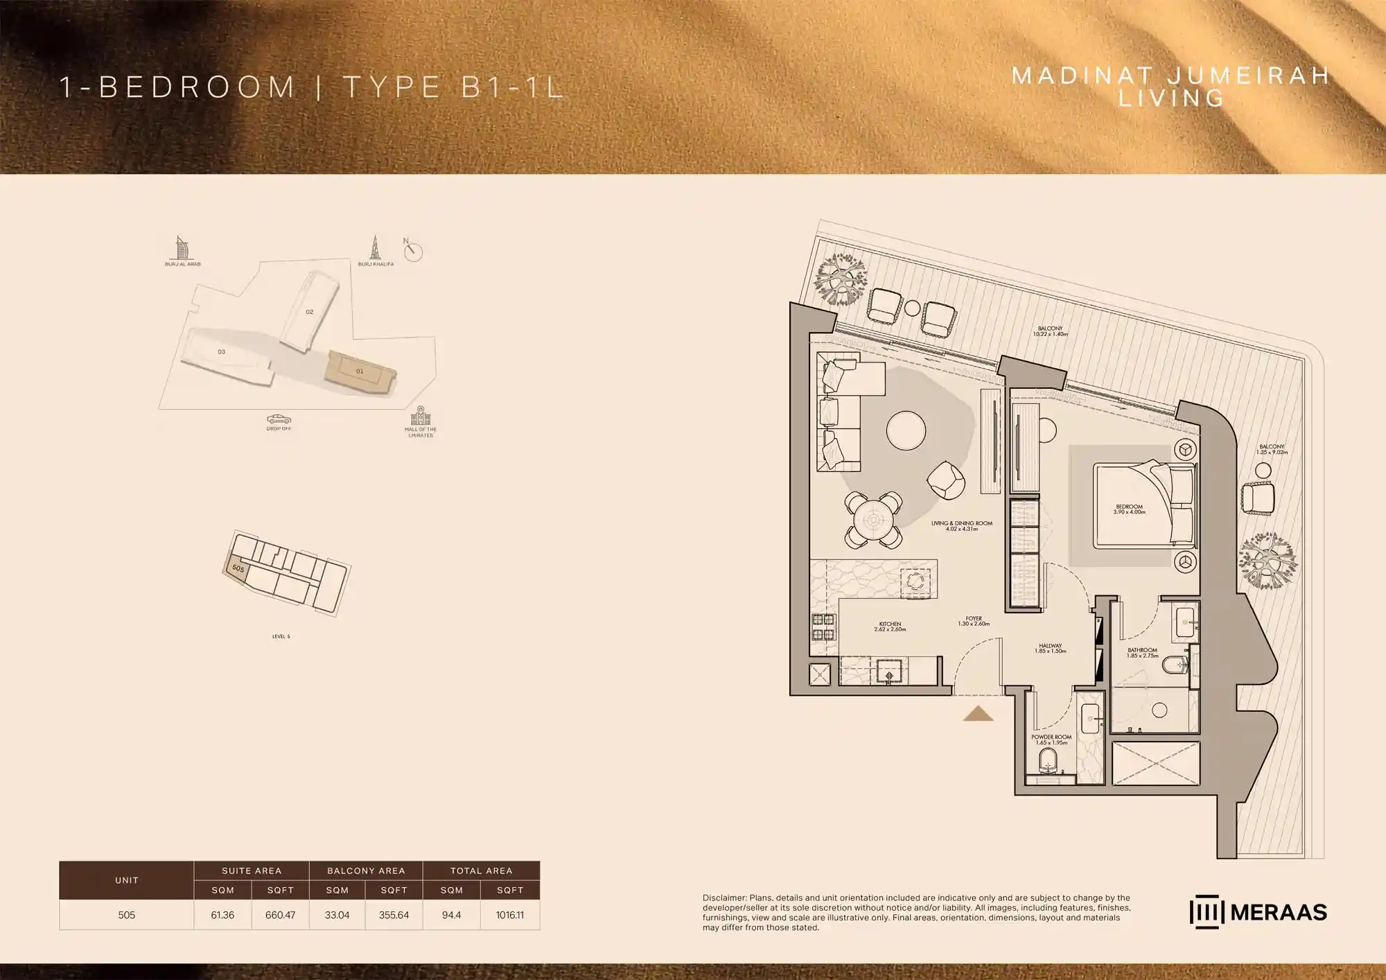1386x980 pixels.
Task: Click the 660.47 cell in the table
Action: coord(280,915)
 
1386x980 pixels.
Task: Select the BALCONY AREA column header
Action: coord(366,870)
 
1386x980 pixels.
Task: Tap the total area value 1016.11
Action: coord(509,915)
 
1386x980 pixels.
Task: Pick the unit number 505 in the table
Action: coord(126,915)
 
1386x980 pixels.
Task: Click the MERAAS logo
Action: coord(1258,912)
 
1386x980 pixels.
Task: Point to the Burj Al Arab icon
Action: coord(182,247)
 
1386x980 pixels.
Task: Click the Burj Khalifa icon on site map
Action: coord(375,247)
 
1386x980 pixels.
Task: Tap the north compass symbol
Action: coord(413,251)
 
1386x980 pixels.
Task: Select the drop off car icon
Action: coord(279,419)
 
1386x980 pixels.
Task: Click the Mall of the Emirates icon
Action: coord(421,416)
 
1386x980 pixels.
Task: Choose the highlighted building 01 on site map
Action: coord(360,372)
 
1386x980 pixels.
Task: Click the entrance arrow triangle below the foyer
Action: coord(978,714)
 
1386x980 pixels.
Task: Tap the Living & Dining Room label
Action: coord(961,526)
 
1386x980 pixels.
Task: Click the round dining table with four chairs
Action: coord(873,520)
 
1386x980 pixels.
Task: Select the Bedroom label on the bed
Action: coord(1129,509)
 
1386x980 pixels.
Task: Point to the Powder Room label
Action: coord(1051,740)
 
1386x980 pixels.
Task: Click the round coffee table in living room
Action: coord(906,430)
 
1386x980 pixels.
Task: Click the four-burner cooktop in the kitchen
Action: coord(823,627)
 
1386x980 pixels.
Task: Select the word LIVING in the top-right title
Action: coord(1171,98)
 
